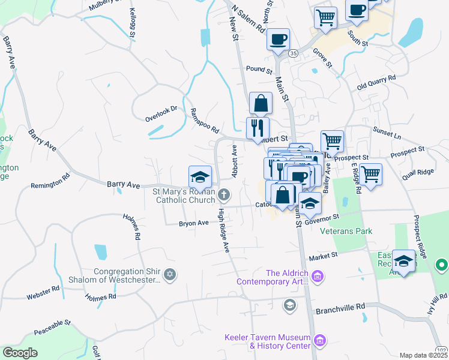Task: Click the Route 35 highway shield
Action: pyautogui.click(x=293, y=53)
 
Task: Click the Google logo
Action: pyautogui.click(x=20, y=353)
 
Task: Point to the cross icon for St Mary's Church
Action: pyautogui.click(x=224, y=193)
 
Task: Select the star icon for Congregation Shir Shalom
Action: pyautogui.click(x=170, y=275)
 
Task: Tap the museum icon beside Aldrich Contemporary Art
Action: pyautogui.click(x=318, y=277)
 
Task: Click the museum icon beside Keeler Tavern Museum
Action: pyautogui.click(x=320, y=341)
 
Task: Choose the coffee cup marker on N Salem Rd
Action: pyautogui.click(x=278, y=39)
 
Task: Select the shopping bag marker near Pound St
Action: pyautogui.click(x=261, y=103)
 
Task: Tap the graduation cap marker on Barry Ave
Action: pyautogui.click(x=200, y=176)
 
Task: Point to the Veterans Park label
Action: pyautogui.click(x=346, y=231)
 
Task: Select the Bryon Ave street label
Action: pyautogui.click(x=193, y=223)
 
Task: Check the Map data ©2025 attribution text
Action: pyautogui.click(x=423, y=355)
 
